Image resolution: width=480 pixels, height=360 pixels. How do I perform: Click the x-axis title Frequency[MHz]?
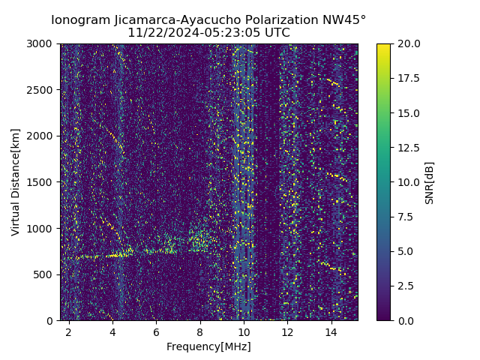(x=208, y=346)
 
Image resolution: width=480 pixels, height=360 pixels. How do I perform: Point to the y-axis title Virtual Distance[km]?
(x=16, y=182)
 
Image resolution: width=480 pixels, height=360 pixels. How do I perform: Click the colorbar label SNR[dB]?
(x=429, y=182)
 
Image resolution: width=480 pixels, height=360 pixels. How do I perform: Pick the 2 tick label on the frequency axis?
(x=69, y=331)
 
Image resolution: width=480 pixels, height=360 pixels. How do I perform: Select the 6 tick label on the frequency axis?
(x=156, y=331)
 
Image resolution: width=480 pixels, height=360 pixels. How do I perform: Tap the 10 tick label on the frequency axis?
(x=244, y=331)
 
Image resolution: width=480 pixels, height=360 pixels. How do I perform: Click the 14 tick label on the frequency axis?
(x=331, y=331)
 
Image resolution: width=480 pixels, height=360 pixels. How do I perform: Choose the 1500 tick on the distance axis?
(x=41, y=182)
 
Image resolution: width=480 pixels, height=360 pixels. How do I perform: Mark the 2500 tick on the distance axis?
(x=41, y=90)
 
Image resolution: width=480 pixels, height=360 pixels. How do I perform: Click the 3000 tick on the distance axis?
(x=41, y=43)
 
